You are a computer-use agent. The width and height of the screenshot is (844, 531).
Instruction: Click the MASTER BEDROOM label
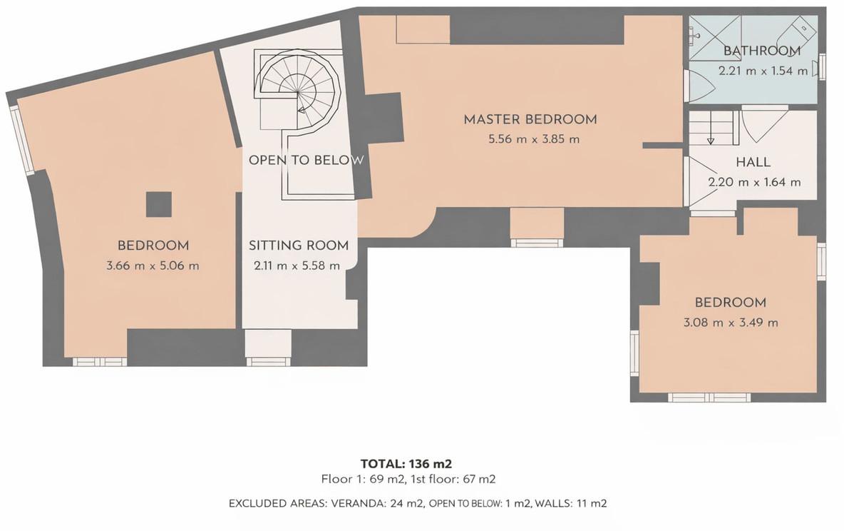tap(530, 119)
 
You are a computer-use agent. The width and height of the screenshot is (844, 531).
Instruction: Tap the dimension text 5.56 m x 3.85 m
tap(534, 139)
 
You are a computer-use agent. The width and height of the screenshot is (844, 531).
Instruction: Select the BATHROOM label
tap(761, 51)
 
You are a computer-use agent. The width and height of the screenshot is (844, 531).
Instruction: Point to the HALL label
tap(753, 162)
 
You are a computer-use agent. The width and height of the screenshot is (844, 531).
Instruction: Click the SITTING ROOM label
tap(299, 246)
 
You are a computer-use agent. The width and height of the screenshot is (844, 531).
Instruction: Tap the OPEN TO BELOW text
tap(306, 160)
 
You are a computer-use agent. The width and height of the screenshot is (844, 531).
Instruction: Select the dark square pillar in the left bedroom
tap(159, 204)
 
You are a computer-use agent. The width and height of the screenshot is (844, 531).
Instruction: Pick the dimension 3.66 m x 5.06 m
tap(153, 265)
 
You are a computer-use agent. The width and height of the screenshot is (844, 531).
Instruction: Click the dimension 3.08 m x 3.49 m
tap(731, 323)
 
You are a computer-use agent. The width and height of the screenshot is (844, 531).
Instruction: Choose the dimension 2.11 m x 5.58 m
tap(297, 265)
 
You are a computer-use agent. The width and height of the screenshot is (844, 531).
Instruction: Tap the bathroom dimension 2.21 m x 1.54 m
tap(763, 71)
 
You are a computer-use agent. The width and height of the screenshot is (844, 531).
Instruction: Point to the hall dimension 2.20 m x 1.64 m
tap(754, 182)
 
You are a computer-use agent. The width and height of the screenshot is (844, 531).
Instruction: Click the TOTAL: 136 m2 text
tap(406, 464)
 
